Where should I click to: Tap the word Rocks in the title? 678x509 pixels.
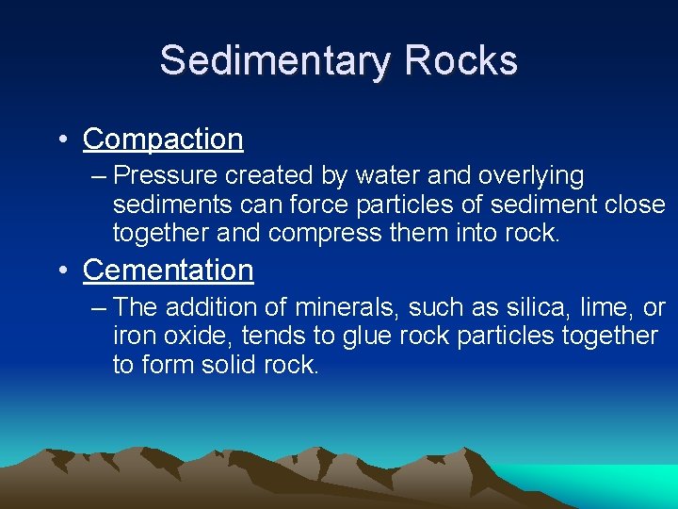[x=461, y=61]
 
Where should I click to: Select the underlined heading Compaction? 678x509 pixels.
[x=163, y=140]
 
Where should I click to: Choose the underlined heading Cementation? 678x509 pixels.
[x=169, y=271]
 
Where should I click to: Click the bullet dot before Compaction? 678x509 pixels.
[x=60, y=140]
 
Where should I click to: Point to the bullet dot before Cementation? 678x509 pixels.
[x=60, y=271]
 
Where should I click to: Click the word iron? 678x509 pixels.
[x=131, y=336]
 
